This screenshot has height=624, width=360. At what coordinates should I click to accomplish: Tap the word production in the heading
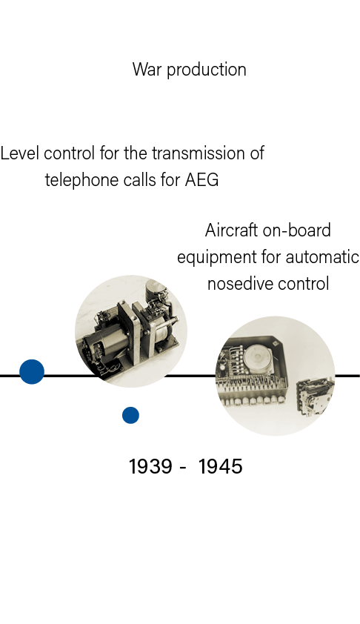pos(207,70)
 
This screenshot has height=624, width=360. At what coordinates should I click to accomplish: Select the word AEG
pos(201,179)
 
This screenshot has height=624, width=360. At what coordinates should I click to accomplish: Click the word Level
pos(19,153)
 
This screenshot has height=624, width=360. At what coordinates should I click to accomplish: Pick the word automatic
pos(322,257)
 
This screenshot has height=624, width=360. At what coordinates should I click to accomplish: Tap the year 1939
pos(151,466)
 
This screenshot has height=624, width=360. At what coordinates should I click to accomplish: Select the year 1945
pos(221,466)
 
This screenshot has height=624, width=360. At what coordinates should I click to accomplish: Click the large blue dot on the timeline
pos(32,372)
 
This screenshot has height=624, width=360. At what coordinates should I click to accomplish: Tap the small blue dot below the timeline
pos(130,415)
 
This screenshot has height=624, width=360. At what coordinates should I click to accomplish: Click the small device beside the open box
pos(314,396)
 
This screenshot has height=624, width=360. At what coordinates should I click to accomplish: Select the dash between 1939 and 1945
pos(183,468)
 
